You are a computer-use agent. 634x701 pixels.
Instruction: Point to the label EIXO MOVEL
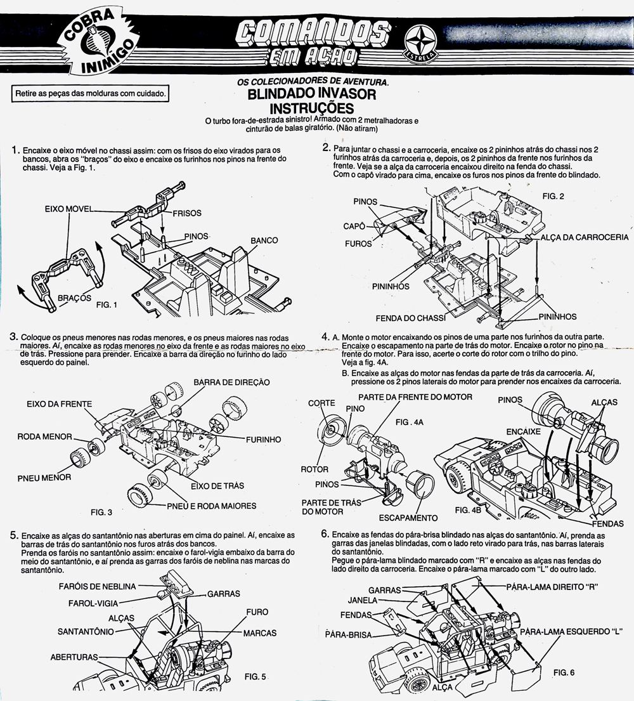(69, 208)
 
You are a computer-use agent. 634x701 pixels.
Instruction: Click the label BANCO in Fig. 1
(264, 241)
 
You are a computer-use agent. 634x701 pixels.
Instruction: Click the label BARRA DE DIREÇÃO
(231, 382)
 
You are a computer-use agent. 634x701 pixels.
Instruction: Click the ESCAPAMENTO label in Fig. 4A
(408, 518)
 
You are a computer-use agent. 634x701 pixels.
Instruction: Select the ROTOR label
(314, 469)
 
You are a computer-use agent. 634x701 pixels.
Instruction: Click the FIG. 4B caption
(469, 509)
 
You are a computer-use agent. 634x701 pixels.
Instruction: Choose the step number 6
(325, 534)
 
